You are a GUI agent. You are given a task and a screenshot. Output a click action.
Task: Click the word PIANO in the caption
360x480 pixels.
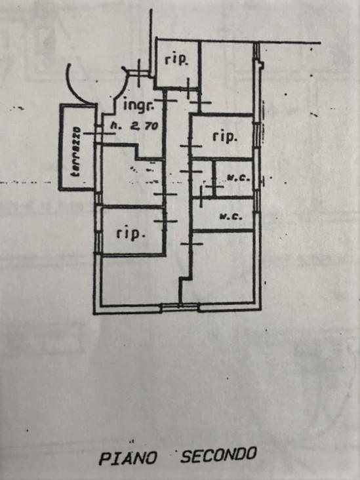[128, 458]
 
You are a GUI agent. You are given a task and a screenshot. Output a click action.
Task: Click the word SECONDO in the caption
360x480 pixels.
[218, 454]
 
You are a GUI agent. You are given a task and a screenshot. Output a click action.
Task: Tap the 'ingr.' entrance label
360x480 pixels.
[138, 105]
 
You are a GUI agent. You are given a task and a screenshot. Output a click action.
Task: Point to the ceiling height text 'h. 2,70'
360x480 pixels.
[134, 125]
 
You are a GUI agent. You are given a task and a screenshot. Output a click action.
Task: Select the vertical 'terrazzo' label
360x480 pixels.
[75, 152]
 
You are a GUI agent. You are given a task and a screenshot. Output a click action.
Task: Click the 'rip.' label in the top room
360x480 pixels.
[176, 60]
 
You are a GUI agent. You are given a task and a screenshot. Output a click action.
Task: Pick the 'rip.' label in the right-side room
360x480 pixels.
[225, 137]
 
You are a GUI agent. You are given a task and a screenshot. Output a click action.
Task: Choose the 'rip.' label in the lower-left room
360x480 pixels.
[130, 234]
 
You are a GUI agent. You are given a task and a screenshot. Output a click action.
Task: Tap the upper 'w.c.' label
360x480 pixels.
[239, 178]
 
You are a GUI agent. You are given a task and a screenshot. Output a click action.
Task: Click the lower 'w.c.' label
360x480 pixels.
[231, 217]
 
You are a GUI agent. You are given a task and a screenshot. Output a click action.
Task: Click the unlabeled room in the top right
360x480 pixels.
[227, 77]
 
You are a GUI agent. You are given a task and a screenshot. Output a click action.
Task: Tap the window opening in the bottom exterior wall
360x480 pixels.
[180, 307]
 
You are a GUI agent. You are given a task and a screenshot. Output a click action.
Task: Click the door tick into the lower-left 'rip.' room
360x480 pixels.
[165, 221]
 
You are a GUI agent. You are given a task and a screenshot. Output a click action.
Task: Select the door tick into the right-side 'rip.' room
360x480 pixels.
[191, 146]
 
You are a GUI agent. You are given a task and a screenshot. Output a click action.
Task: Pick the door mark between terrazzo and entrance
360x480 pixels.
[98, 133]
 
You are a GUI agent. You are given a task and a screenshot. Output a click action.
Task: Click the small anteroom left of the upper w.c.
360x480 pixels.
[202, 178]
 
